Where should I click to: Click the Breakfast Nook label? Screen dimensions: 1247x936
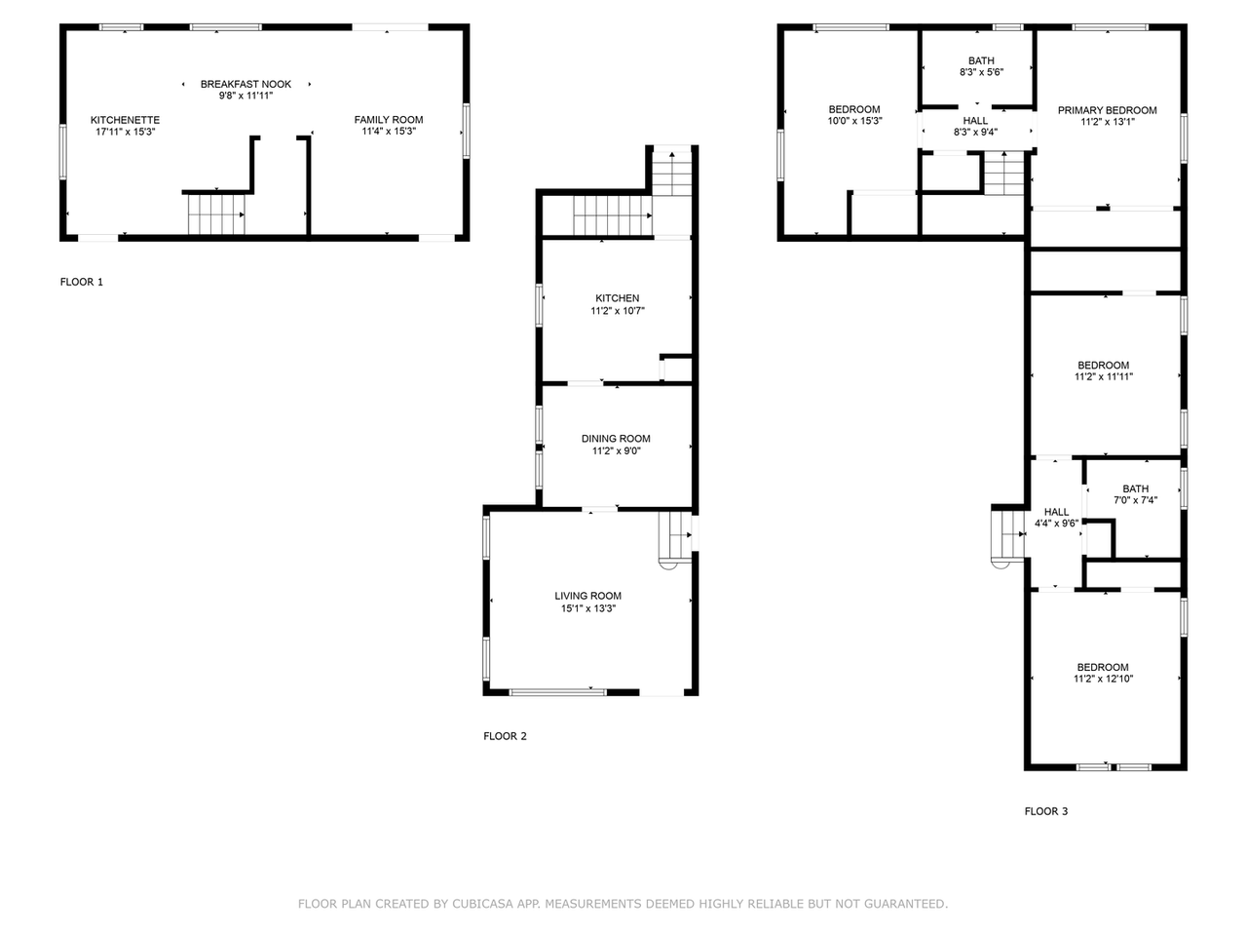pos(246,84)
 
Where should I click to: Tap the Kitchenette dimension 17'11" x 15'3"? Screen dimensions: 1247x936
pos(125,132)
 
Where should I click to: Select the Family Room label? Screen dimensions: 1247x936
pos(389,120)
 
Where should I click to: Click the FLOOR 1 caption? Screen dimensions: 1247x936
pos(82,282)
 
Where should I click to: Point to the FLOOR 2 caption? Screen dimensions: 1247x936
pos(505,736)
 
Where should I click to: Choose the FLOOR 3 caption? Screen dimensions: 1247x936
pos(1046,811)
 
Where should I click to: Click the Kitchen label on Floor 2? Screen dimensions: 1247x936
pos(617,298)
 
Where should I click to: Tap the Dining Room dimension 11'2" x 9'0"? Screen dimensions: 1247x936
pos(617,451)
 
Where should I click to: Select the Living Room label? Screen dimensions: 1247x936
pos(588,596)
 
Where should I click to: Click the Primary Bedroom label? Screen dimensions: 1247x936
pos(1108,110)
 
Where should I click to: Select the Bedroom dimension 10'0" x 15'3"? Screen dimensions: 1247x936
pos(855,121)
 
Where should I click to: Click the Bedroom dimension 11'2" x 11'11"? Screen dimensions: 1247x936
pos(1104,376)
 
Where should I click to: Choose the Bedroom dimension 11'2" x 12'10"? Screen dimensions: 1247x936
pos(1103,679)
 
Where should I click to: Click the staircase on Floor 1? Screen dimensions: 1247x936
pos(216,214)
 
